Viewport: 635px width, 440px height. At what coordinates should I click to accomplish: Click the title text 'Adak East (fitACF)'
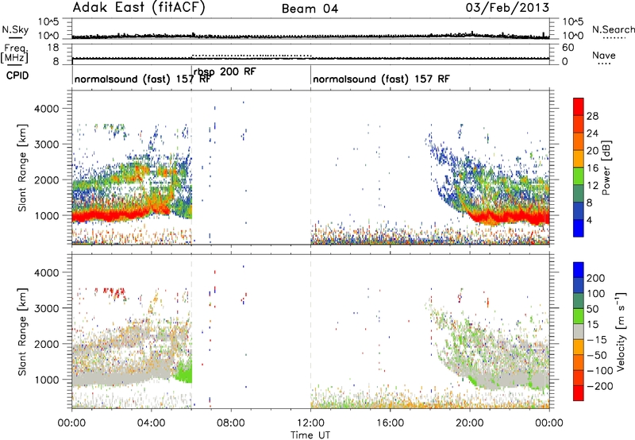[139, 7]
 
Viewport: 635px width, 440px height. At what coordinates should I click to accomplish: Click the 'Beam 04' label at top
[310, 9]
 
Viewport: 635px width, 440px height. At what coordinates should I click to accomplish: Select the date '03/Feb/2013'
[507, 7]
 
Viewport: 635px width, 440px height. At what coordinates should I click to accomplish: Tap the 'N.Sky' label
[15, 29]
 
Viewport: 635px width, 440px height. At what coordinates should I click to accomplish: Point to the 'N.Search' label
[614, 29]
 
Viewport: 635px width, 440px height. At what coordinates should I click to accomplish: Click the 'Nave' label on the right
[604, 55]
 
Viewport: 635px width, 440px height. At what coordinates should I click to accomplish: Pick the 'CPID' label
[17, 75]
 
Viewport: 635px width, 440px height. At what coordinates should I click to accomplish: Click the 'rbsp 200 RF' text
[225, 71]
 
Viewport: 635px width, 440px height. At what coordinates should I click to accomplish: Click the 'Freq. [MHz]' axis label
[15, 53]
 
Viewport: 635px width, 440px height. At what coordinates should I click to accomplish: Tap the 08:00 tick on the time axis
[231, 423]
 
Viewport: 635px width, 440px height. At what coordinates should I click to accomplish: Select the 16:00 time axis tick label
[390, 423]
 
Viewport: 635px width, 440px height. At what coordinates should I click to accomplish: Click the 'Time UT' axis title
[310, 435]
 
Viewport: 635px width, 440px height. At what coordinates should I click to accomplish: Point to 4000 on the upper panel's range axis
[47, 109]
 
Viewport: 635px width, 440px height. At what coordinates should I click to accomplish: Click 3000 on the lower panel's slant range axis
[47, 308]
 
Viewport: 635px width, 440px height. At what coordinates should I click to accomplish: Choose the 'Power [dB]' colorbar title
[606, 168]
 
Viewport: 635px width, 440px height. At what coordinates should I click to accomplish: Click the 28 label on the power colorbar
[592, 116]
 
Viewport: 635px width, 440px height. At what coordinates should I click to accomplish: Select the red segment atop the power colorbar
[579, 107]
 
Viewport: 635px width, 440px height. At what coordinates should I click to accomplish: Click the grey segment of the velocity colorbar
[579, 331]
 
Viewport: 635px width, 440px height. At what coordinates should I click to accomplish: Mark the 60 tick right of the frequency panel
[568, 48]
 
